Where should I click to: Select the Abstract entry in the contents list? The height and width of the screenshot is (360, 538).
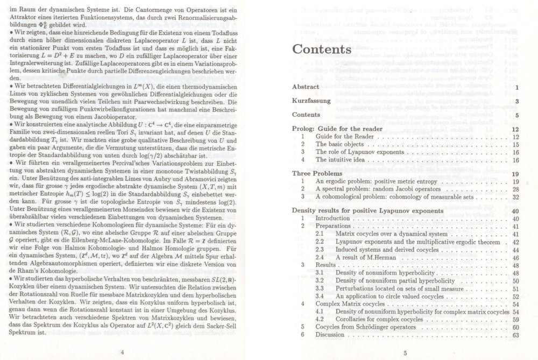[x=305, y=87]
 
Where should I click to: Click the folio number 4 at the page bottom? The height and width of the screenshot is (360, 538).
[x=123, y=352]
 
